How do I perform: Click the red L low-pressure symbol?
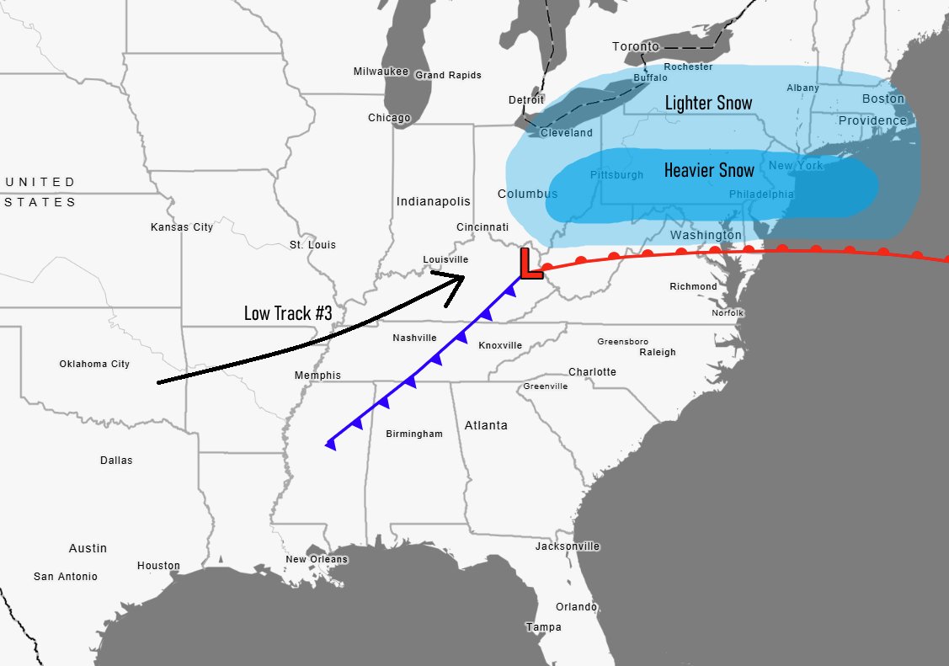coord(530,264)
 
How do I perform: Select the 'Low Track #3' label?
coord(288,313)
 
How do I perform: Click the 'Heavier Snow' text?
coord(709,170)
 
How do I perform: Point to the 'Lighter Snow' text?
coord(708,103)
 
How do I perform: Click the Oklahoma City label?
coord(94,364)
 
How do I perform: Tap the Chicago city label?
coord(389,118)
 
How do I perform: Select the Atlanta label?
coord(486,425)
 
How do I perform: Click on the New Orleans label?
coord(317,559)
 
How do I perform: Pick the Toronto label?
coord(636,46)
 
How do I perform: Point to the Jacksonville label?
coord(568,546)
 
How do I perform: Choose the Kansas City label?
coord(182,227)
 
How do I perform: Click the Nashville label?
coord(414,338)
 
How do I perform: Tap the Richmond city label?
coord(693,286)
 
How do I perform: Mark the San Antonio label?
coord(66,577)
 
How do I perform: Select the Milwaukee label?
coord(381,72)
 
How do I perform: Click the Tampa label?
coord(543,627)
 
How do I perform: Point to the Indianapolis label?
coord(434,201)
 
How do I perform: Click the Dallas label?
coord(116,461)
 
